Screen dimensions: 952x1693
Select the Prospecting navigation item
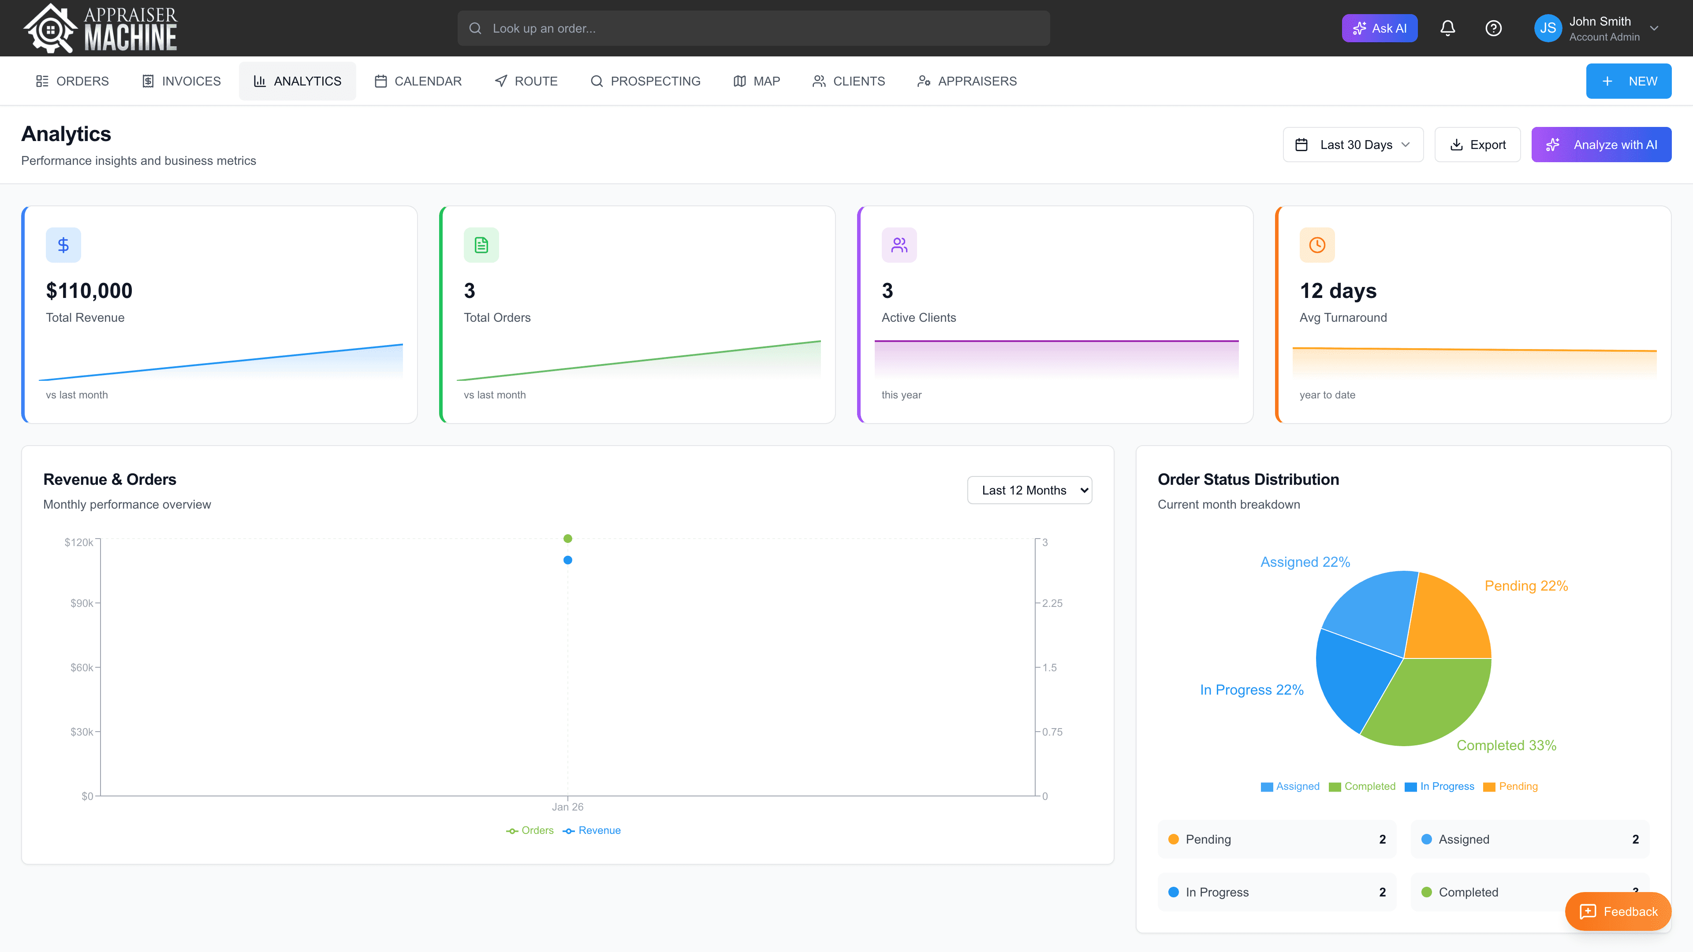click(645, 81)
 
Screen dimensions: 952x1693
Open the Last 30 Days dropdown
click(1353, 145)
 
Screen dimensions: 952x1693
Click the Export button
click(1477, 145)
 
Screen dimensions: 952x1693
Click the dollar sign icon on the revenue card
click(63, 245)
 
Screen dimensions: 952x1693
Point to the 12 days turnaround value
click(1338, 290)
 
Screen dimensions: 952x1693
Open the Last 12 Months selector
click(1029, 490)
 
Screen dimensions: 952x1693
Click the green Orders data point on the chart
click(568, 539)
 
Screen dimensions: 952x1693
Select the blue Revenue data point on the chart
click(568, 560)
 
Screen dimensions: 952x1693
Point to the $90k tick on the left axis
click(82, 603)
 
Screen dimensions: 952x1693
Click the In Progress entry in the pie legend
click(1446, 786)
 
